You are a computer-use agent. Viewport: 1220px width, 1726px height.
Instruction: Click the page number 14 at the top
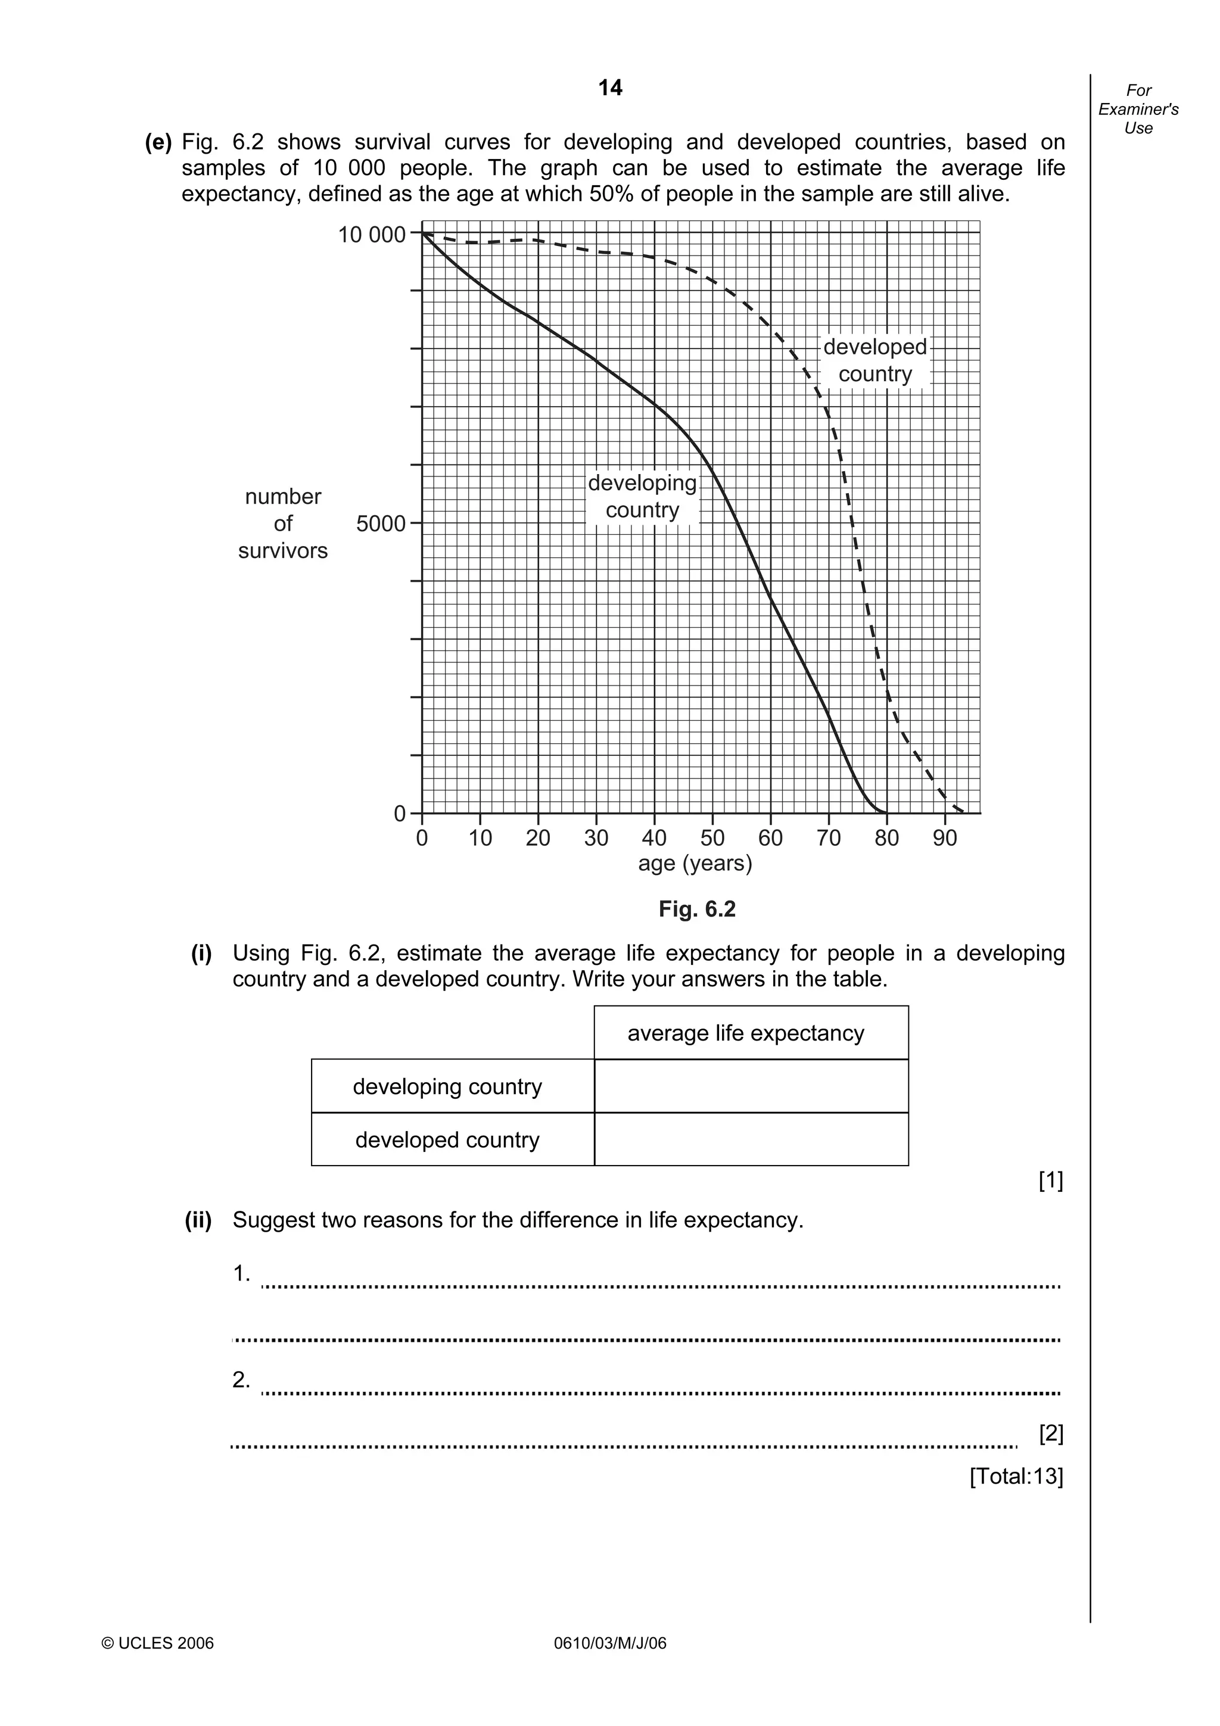coord(609,88)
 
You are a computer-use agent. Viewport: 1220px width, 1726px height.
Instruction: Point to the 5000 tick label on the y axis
coord(381,524)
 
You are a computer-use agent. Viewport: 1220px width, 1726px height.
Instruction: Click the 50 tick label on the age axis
coord(712,837)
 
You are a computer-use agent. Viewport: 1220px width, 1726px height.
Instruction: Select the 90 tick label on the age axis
coord(944,837)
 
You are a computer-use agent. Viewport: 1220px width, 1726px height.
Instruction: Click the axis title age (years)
coord(695,863)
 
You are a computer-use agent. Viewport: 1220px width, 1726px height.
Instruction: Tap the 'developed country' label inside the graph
coord(874,360)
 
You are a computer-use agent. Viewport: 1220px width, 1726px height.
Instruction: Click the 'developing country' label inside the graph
coord(642,496)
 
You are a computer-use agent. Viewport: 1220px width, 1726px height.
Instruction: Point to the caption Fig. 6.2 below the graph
coord(697,909)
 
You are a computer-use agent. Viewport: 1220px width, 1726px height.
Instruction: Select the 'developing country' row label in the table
coord(447,1086)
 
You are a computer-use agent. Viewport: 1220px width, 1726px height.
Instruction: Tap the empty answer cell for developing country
coord(751,1086)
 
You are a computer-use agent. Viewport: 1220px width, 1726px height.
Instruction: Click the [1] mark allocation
coord(1050,1181)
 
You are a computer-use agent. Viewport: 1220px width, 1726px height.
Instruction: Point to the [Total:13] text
coord(1016,1476)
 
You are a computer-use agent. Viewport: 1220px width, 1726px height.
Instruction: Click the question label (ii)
coord(198,1220)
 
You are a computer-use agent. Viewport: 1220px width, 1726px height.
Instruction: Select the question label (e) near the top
coord(158,142)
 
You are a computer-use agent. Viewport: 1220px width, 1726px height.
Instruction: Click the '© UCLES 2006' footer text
coord(158,1643)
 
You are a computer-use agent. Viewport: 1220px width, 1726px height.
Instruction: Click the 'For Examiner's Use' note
coord(1137,109)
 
